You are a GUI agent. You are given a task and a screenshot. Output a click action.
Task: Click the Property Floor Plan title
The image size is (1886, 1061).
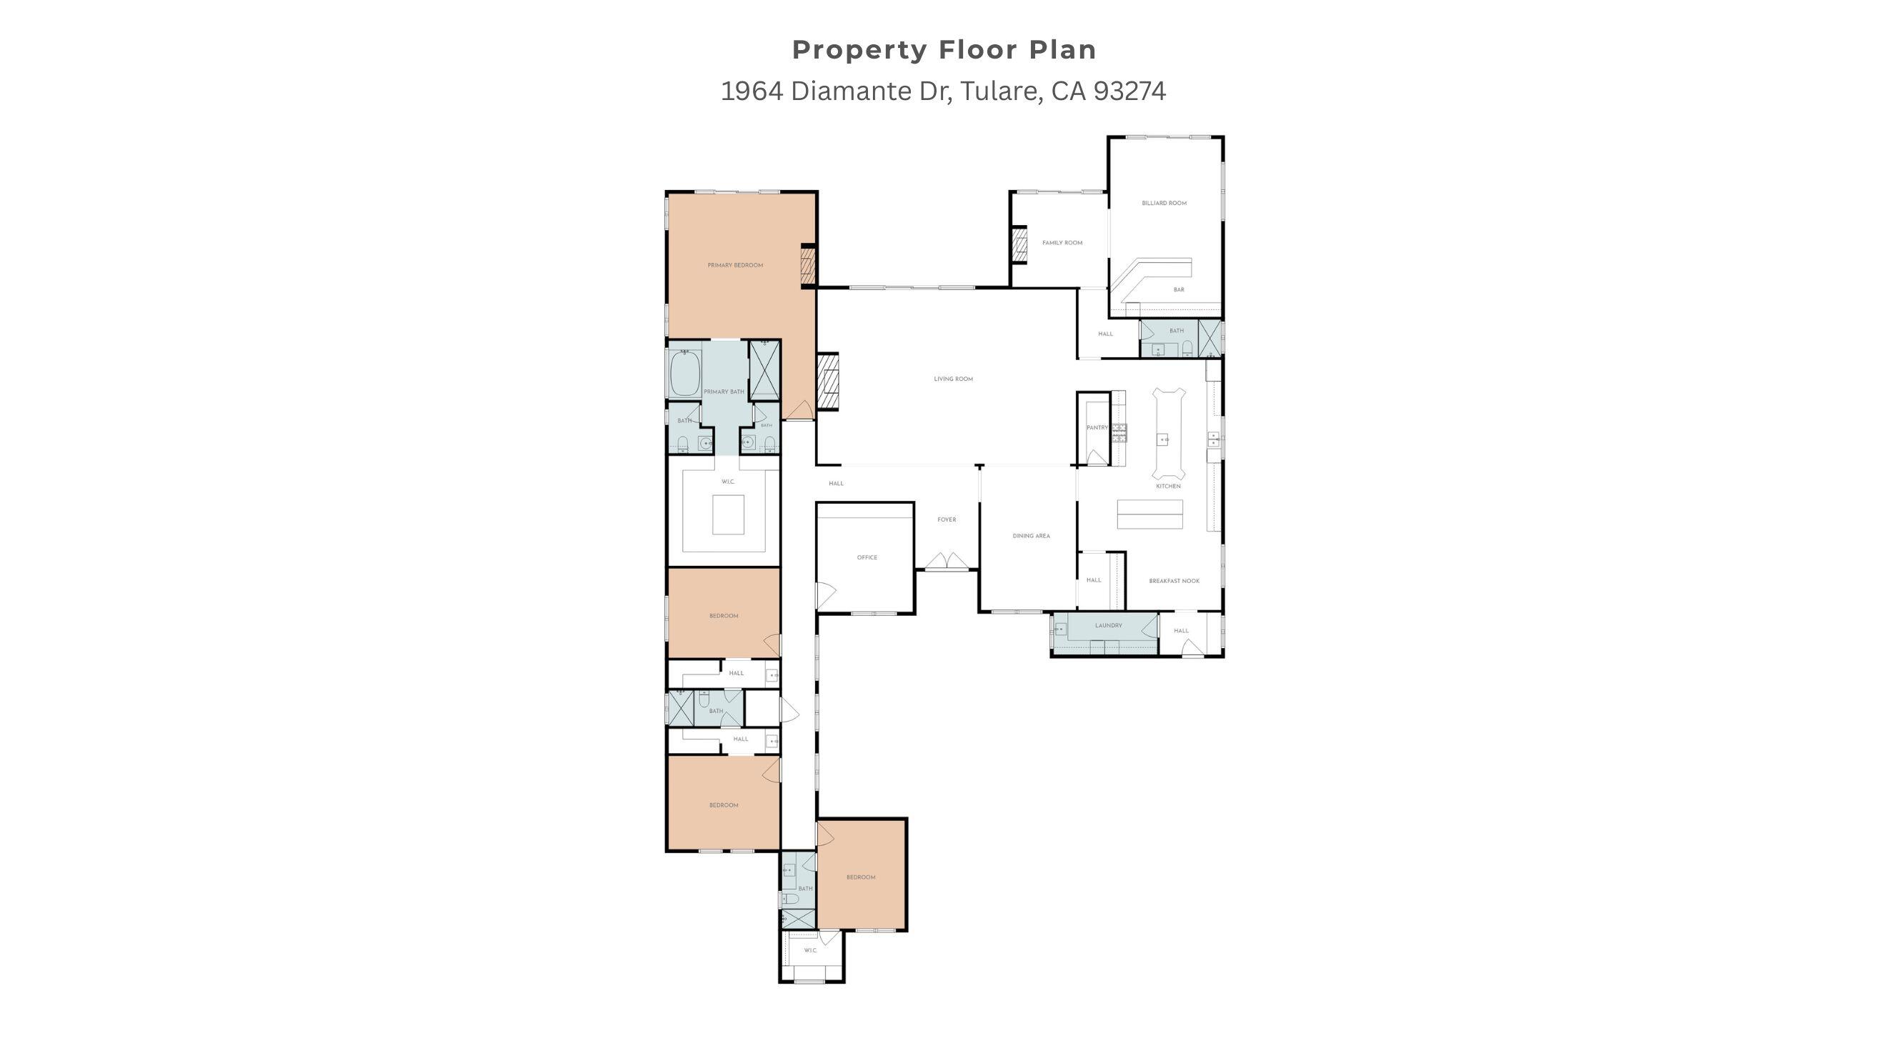coord(944,50)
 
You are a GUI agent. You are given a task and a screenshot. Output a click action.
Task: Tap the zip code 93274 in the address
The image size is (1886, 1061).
coord(1129,91)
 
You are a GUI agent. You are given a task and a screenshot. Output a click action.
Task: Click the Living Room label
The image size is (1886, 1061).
coord(953,379)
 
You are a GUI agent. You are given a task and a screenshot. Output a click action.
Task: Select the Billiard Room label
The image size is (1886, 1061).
coord(1164,203)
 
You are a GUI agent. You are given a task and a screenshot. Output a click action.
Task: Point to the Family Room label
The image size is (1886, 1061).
coord(1062,243)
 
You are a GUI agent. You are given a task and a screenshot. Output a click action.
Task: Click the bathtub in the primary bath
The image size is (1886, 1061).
coord(684,374)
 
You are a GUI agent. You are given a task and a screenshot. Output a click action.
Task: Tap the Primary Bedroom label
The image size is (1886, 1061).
coord(735,265)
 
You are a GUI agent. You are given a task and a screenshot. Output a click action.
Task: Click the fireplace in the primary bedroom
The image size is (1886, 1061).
coord(807,265)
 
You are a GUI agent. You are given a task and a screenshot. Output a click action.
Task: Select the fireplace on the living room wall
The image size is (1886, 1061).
coord(828,382)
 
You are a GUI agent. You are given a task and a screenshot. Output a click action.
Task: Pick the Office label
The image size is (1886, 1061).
coord(867,558)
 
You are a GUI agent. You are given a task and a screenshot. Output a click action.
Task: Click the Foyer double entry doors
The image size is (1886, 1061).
coord(947,562)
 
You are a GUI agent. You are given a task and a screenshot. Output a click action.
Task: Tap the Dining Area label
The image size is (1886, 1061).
coord(1031,536)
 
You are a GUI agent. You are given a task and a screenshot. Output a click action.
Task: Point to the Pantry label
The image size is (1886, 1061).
coord(1097,428)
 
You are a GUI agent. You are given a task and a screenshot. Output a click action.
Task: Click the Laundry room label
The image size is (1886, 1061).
coord(1109,626)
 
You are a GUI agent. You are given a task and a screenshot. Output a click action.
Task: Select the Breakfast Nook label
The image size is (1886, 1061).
coord(1174,582)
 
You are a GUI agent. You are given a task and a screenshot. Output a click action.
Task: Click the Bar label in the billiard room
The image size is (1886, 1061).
coord(1179,290)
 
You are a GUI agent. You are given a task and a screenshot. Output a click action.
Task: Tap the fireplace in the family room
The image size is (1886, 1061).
coord(1019,244)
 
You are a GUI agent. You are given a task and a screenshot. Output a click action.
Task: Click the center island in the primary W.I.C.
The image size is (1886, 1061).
coord(729,514)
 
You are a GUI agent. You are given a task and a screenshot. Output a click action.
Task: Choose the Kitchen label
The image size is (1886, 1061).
coord(1168,486)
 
